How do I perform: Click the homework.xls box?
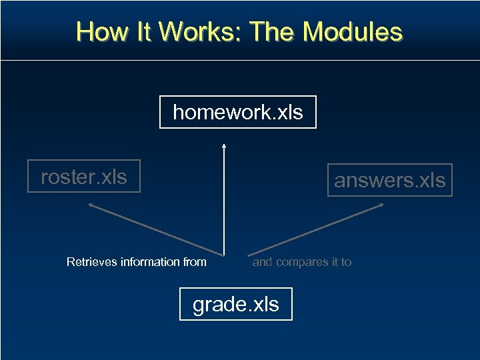pyautogui.click(x=237, y=112)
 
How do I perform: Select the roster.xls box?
pyautogui.click(x=84, y=177)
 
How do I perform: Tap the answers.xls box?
pyautogui.click(x=389, y=180)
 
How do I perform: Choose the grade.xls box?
pyautogui.click(x=235, y=304)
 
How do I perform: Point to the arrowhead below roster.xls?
pyautogui.click(x=91, y=206)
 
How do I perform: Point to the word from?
pyautogui.click(x=195, y=262)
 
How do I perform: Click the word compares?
pyautogui.click(x=302, y=262)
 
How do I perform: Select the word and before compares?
pyautogui.click(x=262, y=262)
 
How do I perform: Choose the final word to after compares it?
pyautogui.click(x=346, y=262)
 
